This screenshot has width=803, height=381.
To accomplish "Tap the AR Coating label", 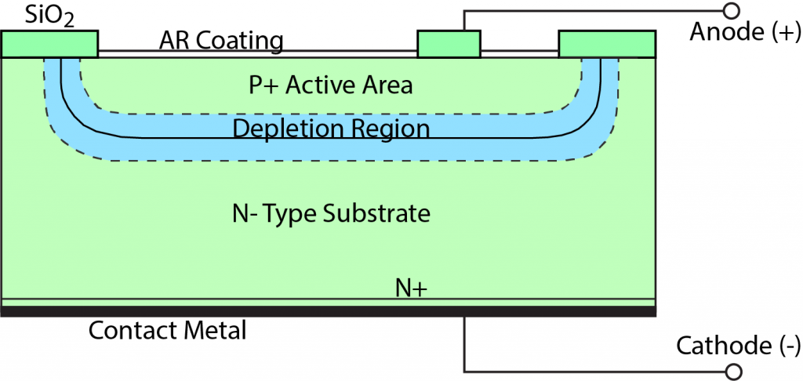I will pos(221,40).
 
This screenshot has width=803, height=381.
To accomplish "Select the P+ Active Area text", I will pos(330,85).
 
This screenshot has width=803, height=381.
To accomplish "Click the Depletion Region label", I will pos(331,129).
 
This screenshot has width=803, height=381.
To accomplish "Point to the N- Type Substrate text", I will pos(332,212).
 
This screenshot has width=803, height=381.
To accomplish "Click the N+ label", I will pos(410,288).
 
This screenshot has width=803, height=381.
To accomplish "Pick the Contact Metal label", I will pos(167,330).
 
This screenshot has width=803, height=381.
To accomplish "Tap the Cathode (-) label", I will pos(738,345).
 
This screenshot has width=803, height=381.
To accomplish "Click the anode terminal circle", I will pos(730,11).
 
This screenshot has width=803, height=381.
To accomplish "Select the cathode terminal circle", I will pos(730,371).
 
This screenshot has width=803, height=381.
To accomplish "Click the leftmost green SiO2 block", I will pos(49,44).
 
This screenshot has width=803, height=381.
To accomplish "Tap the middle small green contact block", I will pos(449,44).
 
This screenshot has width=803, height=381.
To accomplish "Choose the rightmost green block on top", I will pos(606,44).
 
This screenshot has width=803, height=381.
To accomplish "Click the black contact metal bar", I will pos(328,311).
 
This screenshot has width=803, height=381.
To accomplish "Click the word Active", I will pos(319,85).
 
